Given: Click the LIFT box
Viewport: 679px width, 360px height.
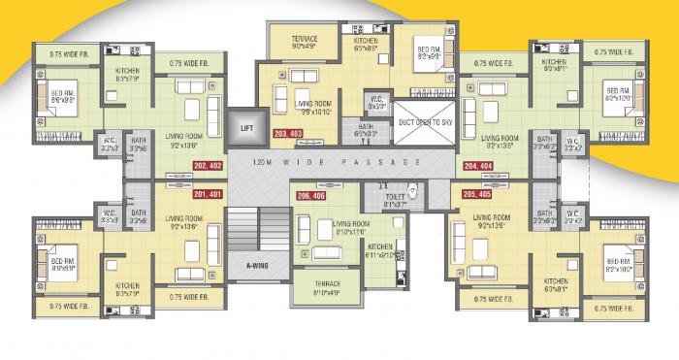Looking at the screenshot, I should point(242,127).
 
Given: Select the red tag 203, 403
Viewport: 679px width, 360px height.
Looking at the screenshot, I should point(288,132).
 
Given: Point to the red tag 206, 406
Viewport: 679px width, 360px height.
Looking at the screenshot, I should point(311,196).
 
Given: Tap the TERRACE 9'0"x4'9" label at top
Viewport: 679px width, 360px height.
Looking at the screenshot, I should point(304,42).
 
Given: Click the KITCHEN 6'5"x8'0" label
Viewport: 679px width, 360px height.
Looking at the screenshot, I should point(366,44).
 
